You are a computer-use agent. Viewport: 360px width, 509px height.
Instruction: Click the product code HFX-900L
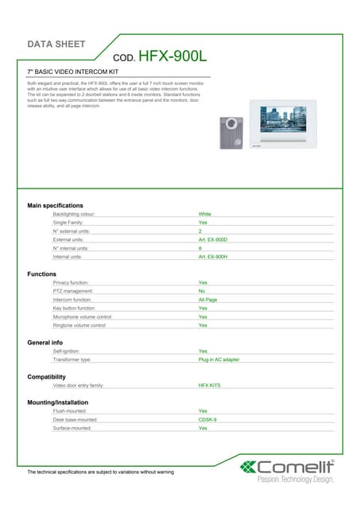pos(172,56)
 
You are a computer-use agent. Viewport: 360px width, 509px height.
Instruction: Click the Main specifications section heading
pos(55,206)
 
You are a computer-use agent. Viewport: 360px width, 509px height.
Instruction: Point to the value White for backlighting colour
pos(205,214)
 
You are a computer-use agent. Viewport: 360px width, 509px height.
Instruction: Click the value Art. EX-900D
pos(213,239)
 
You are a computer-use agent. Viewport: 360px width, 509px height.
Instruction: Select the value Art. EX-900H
pos(213,257)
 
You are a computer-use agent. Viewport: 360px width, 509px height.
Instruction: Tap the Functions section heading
pos(42,274)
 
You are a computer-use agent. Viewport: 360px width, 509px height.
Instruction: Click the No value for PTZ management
pos(202,291)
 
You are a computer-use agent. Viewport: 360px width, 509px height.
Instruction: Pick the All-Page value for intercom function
pos(208,300)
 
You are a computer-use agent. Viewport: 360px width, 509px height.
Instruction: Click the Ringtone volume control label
pos(79,325)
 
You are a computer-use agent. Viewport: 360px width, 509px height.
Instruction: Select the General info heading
pos(45,343)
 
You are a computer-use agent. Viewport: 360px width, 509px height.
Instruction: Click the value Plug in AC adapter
pos(219,359)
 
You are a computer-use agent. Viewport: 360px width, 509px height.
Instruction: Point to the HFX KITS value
pos(209,385)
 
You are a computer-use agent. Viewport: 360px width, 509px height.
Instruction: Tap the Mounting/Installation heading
pos(58,402)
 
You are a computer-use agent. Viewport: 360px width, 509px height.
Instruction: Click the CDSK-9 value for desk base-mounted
pos(207,419)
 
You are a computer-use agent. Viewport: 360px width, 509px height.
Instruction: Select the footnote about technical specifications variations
pos(100,472)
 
